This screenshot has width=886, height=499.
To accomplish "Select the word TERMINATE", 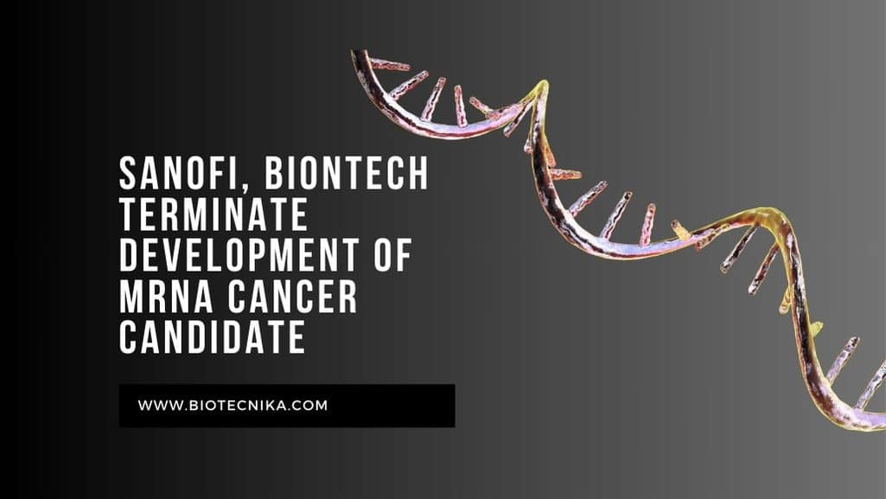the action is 214,214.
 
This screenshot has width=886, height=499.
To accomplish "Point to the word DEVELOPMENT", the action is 239,255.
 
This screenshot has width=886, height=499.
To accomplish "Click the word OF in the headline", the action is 392,255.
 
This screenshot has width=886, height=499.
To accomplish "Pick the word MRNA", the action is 166,297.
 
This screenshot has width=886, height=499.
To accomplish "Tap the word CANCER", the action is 293,297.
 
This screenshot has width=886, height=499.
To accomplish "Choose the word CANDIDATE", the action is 213,338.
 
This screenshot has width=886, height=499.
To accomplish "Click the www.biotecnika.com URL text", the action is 233,406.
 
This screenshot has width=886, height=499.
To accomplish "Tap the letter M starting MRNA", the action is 131,297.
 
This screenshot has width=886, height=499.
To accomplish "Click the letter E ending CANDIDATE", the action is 297,338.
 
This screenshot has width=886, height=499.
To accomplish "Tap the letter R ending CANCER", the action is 349,297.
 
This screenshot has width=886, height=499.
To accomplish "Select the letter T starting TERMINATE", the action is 129,214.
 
